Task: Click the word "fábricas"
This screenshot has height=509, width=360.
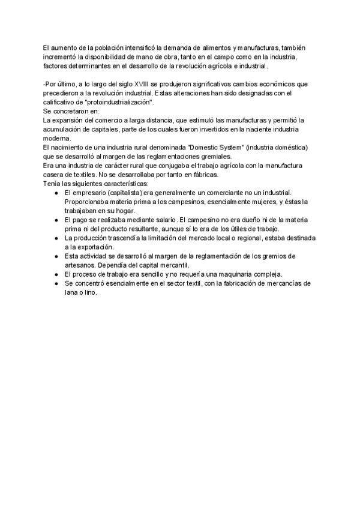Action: (205, 175)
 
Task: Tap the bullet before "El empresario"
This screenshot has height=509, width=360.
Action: (56, 193)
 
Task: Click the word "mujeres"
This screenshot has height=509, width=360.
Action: (259, 202)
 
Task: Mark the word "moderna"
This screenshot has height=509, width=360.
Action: (57, 138)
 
